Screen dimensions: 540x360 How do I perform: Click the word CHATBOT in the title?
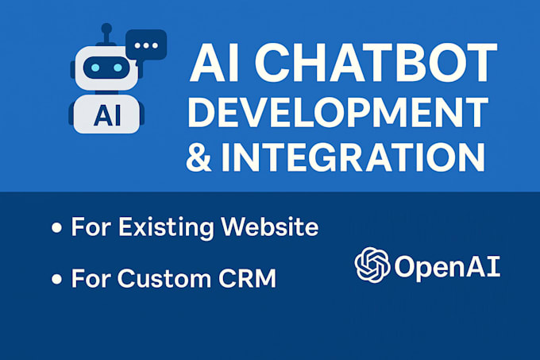(x=376, y=62)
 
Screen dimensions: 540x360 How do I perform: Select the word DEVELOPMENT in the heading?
(x=337, y=112)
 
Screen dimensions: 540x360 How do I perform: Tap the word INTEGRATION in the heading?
(x=353, y=157)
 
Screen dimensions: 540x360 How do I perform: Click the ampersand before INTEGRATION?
(x=199, y=157)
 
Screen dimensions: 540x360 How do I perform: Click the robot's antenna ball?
(x=106, y=29)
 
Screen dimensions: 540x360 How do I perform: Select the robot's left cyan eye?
(x=95, y=68)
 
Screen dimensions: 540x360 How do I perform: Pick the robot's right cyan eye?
(x=118, y=68)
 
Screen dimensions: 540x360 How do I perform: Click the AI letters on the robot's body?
(x=107, y=115)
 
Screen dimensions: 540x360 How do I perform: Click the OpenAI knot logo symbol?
(x=372, y=265)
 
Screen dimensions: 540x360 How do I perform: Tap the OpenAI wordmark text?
(x=447, y=267)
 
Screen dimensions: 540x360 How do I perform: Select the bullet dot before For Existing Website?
(x=56, y=228)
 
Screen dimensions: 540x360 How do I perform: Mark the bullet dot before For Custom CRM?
(x=56, y=279)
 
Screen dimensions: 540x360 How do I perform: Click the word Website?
(x=270, y=226)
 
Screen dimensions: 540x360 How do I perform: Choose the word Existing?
(x=166, y=228)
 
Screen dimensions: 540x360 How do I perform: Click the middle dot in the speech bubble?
(x=146, y=45)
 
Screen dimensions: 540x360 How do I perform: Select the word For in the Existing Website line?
(x=91, y=226)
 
